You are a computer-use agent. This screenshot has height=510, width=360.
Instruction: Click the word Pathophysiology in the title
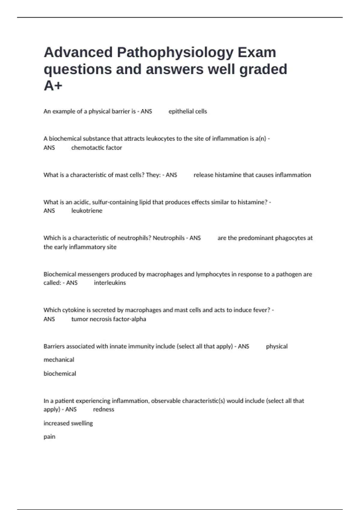[x=175, y=52]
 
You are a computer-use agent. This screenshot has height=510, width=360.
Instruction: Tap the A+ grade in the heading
[x=53, y=86]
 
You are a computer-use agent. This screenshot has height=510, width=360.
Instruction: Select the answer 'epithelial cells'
[x=187, y=111]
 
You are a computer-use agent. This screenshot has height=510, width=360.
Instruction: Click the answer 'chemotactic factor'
[x=96, y=148]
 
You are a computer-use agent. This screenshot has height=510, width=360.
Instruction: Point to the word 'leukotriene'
[x=87, y=211]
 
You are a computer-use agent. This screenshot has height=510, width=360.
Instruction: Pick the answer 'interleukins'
[x=110, y=283]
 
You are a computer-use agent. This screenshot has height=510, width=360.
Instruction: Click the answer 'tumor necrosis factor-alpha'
[x=109, y=319]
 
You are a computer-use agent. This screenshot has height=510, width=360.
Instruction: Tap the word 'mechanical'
[x=59, y=359]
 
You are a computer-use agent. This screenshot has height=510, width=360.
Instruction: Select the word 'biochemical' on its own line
[x=60, y=373]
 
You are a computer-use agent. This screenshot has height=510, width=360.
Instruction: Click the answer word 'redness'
[x=103, y=409]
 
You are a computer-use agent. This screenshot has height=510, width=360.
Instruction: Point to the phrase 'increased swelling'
[x=68, y=423]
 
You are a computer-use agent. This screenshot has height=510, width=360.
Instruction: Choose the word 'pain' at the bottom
[x=49, y=437]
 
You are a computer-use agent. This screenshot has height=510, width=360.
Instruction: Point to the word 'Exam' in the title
[x=257, y=52]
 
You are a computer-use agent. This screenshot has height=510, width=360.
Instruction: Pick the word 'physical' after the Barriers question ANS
[x=277, y=346]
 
